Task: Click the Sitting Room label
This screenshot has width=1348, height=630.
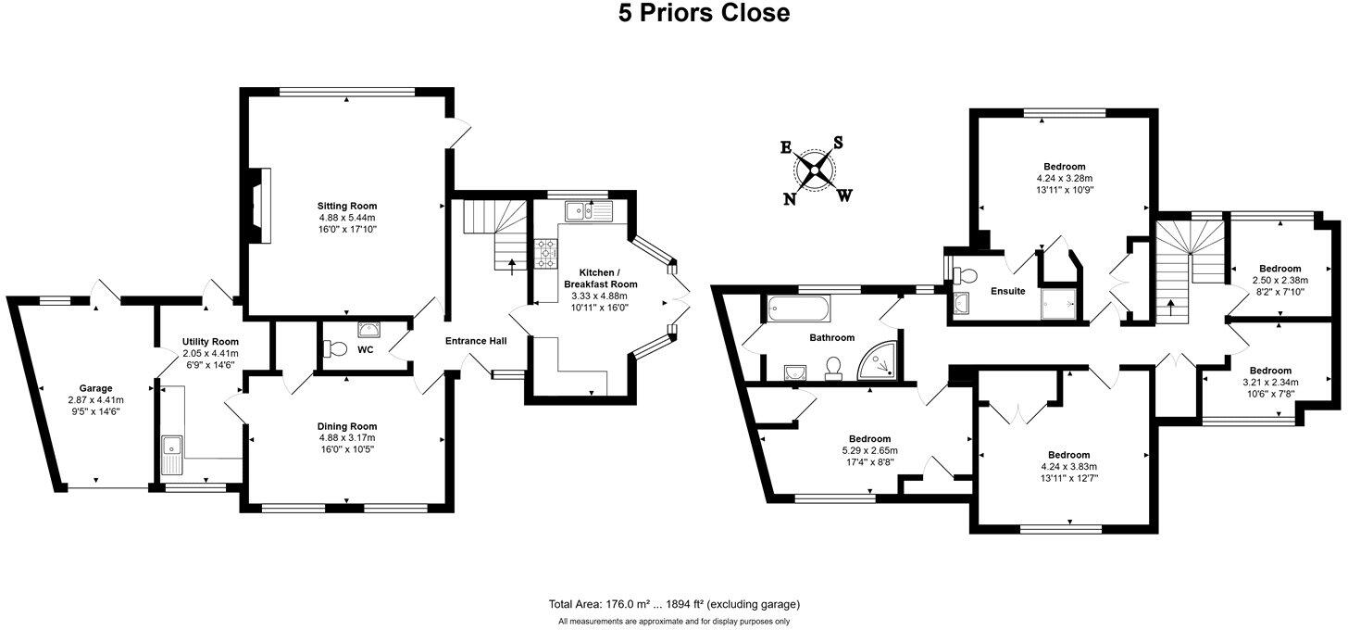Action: click(x=347, y=206)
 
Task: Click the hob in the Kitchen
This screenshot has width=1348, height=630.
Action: click(x=544, y=252)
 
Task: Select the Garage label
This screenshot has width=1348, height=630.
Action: click(x=95, y=388)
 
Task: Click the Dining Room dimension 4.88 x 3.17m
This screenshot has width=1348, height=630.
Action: click(x=347, y=437)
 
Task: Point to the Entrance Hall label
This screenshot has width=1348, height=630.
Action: click(x=476, y=341)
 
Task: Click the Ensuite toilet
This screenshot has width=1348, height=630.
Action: click(x=965, y=275)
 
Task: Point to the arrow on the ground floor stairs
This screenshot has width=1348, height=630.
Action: click(x=513, y=267)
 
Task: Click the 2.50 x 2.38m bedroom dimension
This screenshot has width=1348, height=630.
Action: click(x=1279, y=280)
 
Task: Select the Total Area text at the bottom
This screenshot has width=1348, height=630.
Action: click(x=674, y=604)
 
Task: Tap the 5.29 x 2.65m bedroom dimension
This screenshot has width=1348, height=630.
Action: click(x=869, y=451)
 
